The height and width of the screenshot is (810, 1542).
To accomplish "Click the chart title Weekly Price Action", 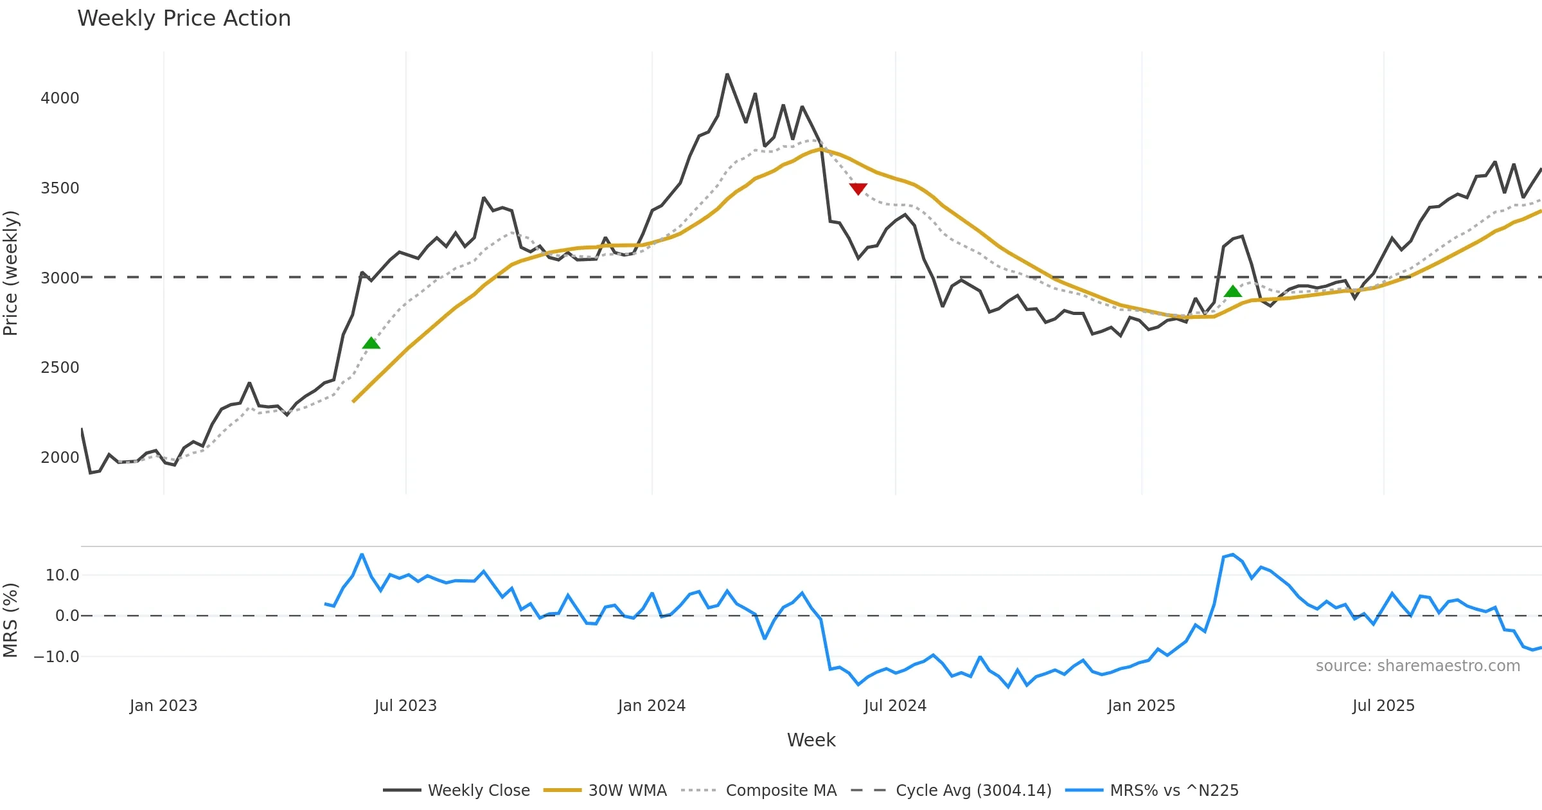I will [184, 19].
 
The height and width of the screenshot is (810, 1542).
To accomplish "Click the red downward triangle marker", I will [858, 188].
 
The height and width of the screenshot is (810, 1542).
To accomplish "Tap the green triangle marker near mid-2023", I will [371, 343].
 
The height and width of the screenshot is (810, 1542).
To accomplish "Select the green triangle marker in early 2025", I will [1232, 291].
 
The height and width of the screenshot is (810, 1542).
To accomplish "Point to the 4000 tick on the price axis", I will [60, 98].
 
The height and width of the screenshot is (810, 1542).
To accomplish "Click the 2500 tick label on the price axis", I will [60, 368].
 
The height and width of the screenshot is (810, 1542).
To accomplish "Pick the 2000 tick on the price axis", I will [60, 458].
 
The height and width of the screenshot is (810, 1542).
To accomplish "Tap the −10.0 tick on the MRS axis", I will [57, 657].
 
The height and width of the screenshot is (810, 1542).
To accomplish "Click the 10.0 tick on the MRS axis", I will [62, 575].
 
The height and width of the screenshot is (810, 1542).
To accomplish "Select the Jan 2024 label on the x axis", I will [651, 706].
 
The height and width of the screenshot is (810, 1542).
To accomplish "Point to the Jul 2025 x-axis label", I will [1383, 706].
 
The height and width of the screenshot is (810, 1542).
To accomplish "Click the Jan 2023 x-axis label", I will [163, 706].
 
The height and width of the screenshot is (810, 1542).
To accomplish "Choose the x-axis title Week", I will [811, 741].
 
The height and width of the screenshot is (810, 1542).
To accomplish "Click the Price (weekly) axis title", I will [11, 273].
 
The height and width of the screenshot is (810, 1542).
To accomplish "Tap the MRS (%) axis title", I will [11, 620].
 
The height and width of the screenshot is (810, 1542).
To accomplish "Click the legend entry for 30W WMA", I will [627, 791].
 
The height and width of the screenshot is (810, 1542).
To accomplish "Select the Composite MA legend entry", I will [781, 791].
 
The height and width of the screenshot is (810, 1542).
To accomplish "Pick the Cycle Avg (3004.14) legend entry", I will [973, 791].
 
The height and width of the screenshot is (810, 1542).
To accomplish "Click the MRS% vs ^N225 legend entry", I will [1174, 791].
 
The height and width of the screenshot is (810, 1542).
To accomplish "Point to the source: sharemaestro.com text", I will [1417, 666].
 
